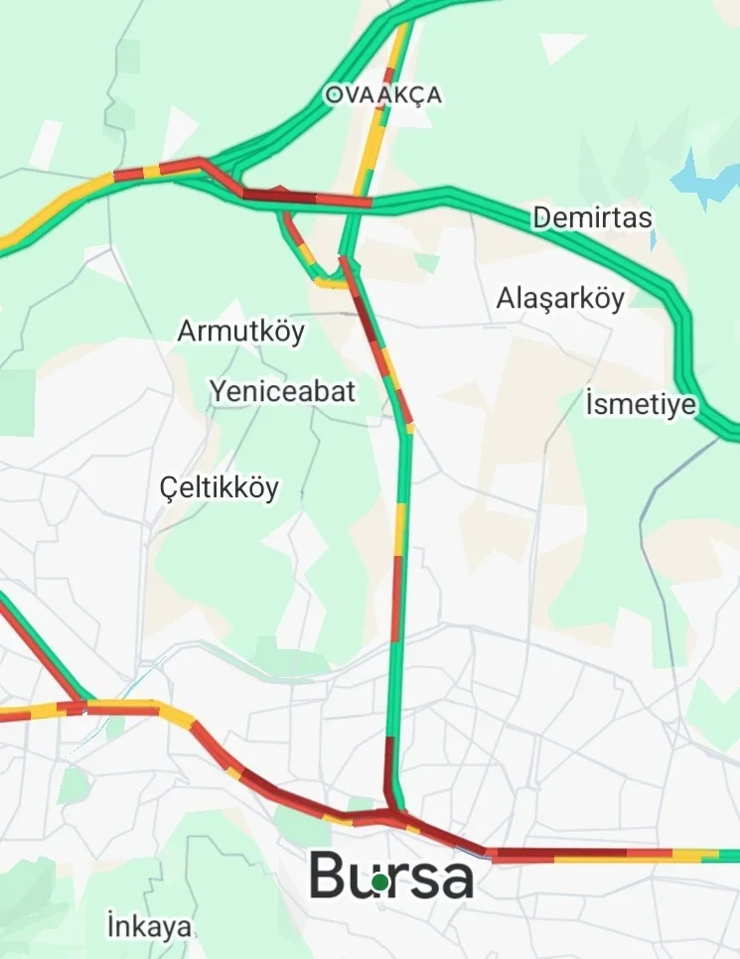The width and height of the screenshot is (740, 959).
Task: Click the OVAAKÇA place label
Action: [382, 95]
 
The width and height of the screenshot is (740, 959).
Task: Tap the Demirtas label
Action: [592, 217]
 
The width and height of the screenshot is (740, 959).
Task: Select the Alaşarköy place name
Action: [561, 298]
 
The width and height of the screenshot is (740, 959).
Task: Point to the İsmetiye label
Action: [641, 405]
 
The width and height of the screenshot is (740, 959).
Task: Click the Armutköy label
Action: [240, 331]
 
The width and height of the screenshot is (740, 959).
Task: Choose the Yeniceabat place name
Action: [282, 392]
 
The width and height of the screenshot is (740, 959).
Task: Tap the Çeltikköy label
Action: [220, 488]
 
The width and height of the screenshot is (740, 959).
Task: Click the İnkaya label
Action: [149, 927]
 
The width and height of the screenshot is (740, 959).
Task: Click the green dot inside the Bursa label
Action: [379, 882]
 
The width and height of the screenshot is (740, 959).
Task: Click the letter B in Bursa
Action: [329, 876]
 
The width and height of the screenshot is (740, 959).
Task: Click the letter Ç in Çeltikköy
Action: [170, 488]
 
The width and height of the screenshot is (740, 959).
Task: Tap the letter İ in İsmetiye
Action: [589, 404]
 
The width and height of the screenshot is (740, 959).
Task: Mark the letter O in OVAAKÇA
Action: [333, 95]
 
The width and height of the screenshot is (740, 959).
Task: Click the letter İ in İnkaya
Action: [110, 927]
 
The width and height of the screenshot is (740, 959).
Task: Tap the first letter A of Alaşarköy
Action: [506, 298]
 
